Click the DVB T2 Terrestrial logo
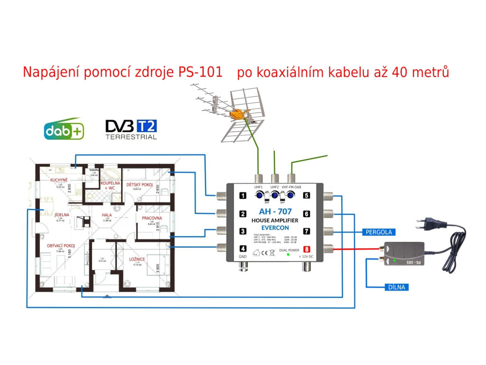point(131,129)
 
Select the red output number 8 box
point(307,249)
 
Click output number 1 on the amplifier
point(243,196)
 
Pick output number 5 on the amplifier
point(307,196)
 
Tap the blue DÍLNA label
point(385,287)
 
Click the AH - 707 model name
point(275,212)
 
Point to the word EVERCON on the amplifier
point(275,228)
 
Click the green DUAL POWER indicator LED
point(288,255)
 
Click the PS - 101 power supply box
point(405,254)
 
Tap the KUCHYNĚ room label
point(60,180)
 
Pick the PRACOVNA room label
point(152,218)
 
